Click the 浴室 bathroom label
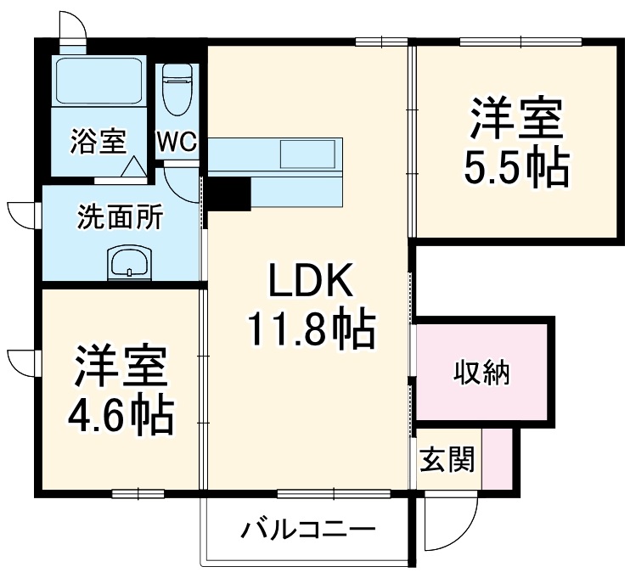point(98,142)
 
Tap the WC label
point(177,142)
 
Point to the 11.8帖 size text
point(310,331)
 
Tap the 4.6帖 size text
point(121,415)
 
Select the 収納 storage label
point(481,372)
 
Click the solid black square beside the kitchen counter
point(228,194)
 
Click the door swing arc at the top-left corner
point(72,23)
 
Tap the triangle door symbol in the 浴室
point(133,167)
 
